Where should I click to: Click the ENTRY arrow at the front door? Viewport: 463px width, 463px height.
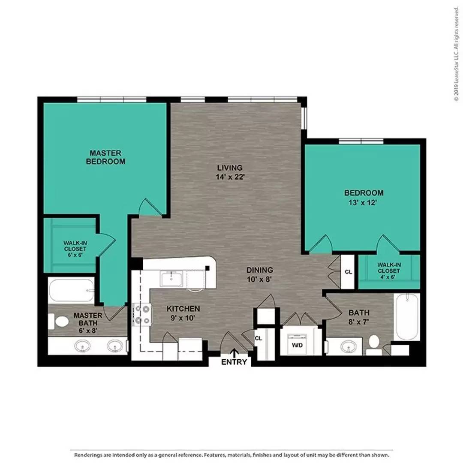click(x=235, y=353)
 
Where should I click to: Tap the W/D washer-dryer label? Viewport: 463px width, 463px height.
click(x=297, y=345)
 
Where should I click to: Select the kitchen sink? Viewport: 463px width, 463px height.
click(x=171, y=279)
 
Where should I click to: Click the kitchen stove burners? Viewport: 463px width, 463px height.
click(x=142, y=315)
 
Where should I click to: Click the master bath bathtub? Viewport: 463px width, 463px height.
click(x=71, y=290)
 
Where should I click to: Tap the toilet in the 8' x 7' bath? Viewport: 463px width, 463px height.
click(x=374, y=345)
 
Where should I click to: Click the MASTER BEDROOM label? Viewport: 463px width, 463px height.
click(x=106, y=157)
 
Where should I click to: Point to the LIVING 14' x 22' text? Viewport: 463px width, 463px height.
click(x=230, y=172)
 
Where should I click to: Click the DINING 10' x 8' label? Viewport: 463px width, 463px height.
click(x=260, y=274)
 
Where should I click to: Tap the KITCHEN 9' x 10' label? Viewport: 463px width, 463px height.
click(x=183, y=313)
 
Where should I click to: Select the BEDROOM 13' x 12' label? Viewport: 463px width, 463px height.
click(x=364, y=198)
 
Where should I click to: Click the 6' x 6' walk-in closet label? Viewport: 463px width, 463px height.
click(x=75, y=249)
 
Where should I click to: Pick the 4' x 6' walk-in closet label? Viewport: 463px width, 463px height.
click(x=389, y=271)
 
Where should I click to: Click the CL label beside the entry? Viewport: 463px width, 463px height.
click(x=259, y=338)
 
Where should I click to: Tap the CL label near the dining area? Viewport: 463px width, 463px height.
click(x=349, y=272)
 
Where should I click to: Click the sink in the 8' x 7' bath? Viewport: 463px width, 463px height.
click(x=349, y=346)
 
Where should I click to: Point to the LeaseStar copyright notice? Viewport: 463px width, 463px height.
click(x=457, y=54)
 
